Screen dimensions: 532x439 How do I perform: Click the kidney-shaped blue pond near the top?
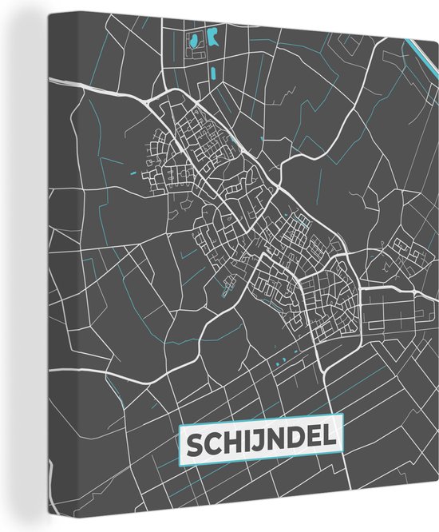[213, 37]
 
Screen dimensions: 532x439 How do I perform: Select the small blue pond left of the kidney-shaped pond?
[195, 38]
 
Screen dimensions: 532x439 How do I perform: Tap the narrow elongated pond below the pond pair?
[213, 73]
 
